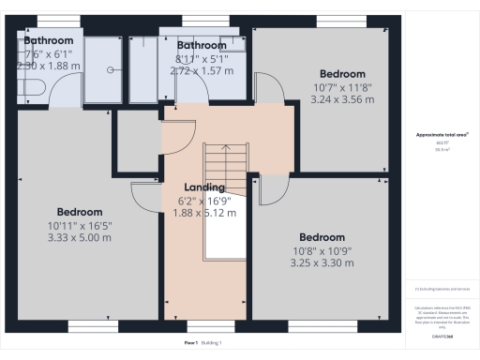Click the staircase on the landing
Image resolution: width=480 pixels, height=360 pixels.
coord(225,202)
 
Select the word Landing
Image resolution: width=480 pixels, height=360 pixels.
coord(204,187)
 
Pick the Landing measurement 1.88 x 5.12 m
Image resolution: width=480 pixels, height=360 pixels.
coord(204,213)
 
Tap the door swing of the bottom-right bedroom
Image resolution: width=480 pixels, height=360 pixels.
coord(272,189)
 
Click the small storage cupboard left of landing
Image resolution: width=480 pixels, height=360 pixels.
coord(137,144)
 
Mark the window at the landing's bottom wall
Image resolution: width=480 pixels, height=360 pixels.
coord(204,326)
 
